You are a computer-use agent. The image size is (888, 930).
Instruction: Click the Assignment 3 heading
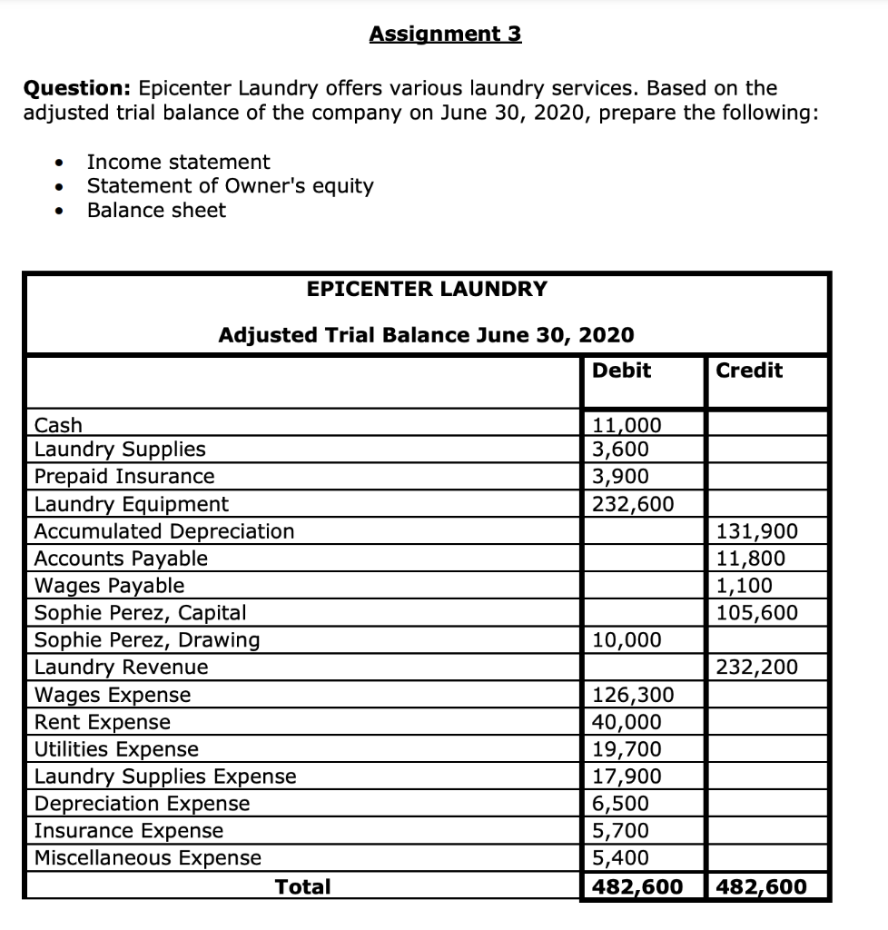tap(445, 35)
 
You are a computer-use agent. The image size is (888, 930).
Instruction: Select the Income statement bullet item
tap(178, 163)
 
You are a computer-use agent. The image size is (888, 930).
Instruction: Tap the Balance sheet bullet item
tap(156, 211)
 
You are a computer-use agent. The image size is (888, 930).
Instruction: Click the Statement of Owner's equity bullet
tap(230, 186)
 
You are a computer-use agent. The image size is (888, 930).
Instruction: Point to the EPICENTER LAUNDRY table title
tap(427, 290)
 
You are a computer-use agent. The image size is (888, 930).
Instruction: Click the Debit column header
tap(621, 371)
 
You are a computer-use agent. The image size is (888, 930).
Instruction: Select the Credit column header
tap(749, 371)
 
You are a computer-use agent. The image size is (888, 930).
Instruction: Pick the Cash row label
tap(58, 425)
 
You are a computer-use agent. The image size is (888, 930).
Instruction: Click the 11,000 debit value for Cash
tap(627, 425)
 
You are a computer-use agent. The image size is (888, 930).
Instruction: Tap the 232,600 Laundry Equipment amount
tap(633, 504)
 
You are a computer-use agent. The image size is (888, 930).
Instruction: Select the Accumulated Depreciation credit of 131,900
tap(757, 531)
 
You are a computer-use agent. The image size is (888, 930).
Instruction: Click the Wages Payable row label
tap(109, 586)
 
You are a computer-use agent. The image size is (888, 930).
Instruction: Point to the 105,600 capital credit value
tap(757, 613)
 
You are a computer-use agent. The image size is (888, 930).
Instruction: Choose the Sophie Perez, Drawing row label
tap(146, 640)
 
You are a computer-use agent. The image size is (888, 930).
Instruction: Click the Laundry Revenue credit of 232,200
tap(757, 668)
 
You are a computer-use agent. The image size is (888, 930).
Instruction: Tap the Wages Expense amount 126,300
tap(633, 696)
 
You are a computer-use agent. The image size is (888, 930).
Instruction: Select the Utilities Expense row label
tap(116, 749)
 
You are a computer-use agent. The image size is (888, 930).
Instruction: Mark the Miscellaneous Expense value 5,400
tap(620, 858)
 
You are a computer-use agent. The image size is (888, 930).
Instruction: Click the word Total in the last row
tap(302, 886)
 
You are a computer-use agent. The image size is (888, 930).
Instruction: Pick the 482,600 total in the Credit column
tap(761, 886)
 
